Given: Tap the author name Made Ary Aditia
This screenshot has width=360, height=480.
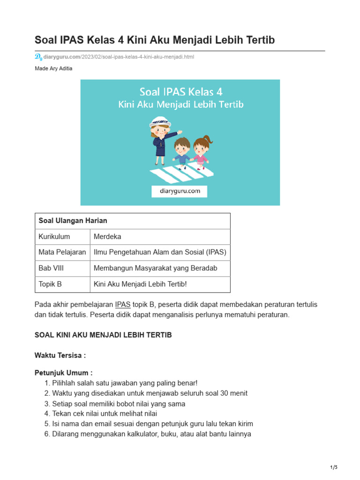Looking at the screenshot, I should coord(53,68).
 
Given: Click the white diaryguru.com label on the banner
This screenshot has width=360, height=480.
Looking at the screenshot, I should coord(179,191).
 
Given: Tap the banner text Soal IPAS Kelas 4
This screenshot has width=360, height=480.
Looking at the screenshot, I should coord(180,91).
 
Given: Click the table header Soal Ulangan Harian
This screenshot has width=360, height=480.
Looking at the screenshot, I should coord(73,221).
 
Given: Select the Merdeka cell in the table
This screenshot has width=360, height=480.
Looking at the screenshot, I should coord(107,237).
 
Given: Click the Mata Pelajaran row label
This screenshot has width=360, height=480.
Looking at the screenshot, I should coord(62,253).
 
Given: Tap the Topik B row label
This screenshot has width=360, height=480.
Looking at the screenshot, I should coord(50,285).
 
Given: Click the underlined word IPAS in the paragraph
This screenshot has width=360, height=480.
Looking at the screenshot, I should coord(123,305).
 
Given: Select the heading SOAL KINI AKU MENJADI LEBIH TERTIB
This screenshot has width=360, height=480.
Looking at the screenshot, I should coord(103,335).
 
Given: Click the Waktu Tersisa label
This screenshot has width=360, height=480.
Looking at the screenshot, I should coord(60,355).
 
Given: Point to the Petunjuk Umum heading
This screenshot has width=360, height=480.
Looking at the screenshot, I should coord(63,373).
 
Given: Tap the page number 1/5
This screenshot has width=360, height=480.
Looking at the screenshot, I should coord(334,467).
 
